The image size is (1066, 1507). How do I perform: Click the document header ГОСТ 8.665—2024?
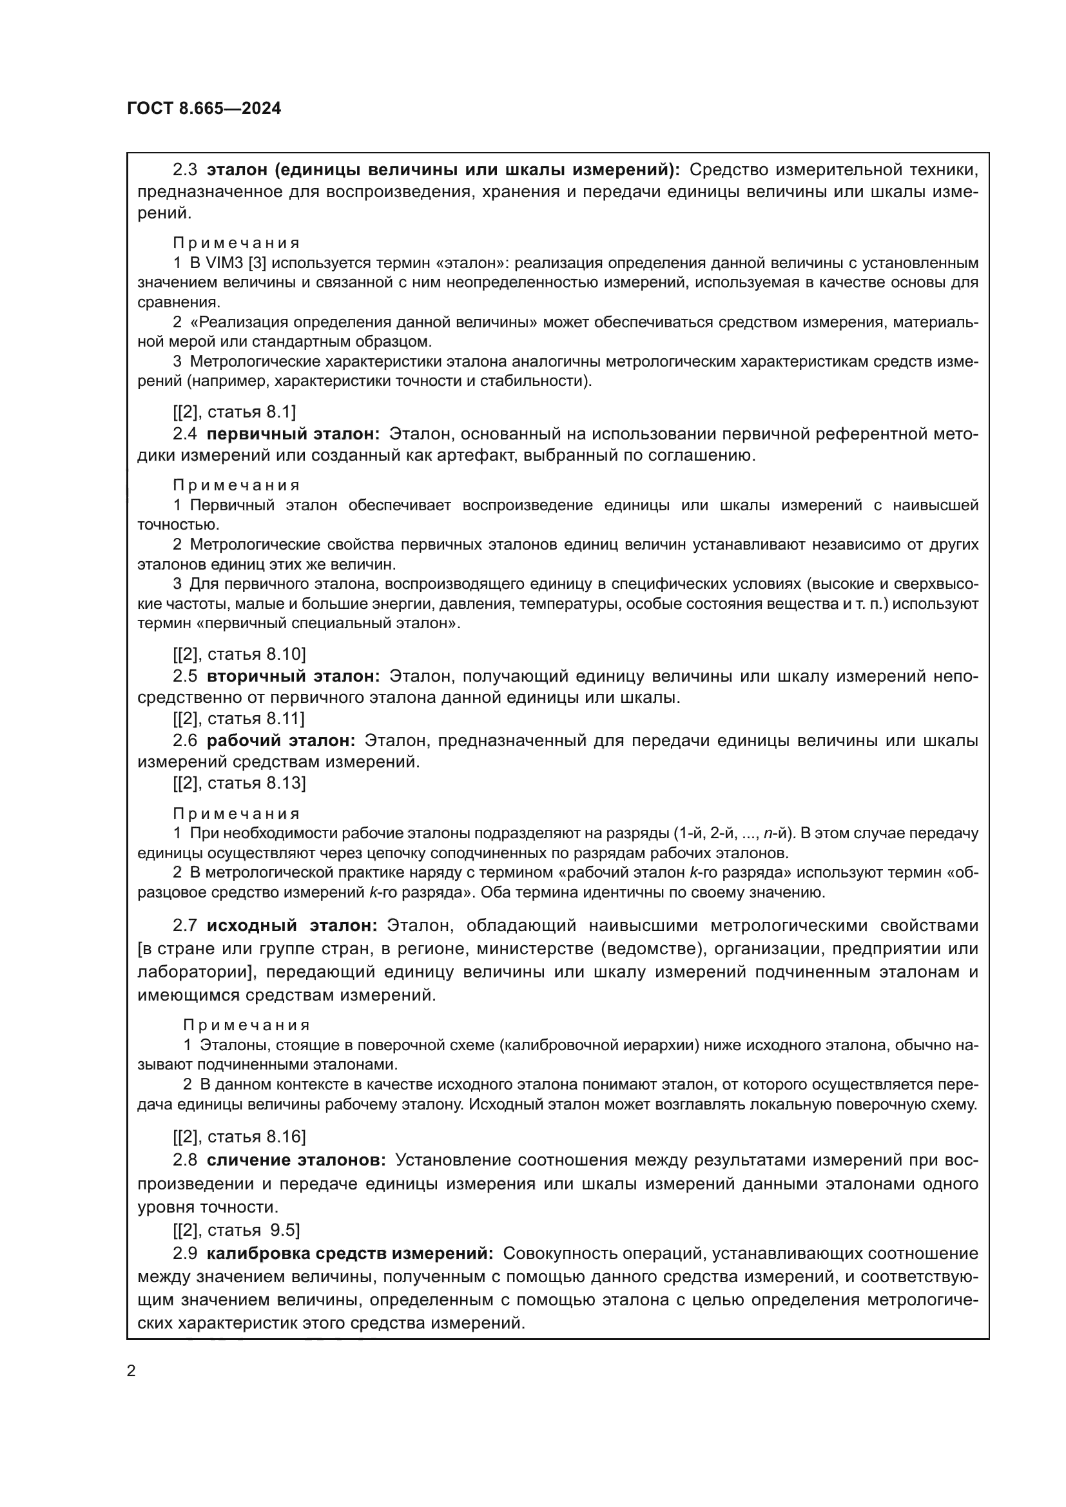tap(204, 109)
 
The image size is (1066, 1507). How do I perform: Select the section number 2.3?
tap(184, 170)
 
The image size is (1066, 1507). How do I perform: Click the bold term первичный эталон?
tap(293, 434)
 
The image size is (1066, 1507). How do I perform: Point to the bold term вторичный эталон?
tap(293, 676)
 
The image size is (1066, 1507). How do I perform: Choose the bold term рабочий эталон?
tap(281, 740)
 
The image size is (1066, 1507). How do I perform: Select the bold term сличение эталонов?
tap(296, 1160)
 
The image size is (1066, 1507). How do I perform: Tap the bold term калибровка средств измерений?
tap(350, 1253)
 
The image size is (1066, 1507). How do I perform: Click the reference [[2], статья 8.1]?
tap(235, 412)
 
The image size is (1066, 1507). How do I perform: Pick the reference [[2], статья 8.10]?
tap(239, 655)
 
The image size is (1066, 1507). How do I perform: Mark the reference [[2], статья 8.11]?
tap(239, 719)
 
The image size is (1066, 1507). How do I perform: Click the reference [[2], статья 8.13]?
tap(239, 783)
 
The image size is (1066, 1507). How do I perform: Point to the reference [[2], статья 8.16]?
tap(239, 1137)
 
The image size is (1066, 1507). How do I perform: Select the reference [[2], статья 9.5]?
tap(237, 1230)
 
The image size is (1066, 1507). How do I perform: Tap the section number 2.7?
tap(184, 925)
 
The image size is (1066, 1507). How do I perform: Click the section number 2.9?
tap(184, 1253)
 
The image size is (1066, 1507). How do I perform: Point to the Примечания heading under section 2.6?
tap(237, 814)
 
